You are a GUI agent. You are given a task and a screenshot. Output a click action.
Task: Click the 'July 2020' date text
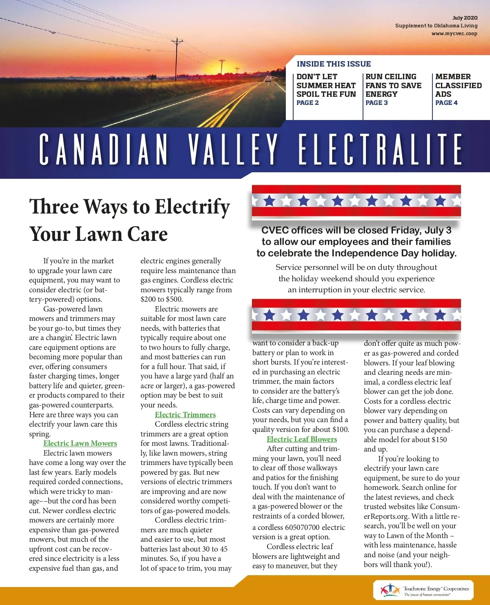(465, 18)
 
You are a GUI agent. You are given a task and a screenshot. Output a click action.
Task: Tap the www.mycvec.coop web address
(454, 33)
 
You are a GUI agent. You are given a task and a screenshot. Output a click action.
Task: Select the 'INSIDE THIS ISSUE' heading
(334, 64)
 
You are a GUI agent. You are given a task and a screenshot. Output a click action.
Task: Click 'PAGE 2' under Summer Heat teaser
(307, 103)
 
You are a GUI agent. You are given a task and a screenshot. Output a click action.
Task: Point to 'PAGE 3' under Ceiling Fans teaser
(376, 103)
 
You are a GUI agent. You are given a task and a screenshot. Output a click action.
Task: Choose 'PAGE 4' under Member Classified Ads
(446, 103)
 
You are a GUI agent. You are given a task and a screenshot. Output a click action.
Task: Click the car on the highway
(268, 79)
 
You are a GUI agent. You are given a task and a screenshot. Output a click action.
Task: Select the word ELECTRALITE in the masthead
(380, 149)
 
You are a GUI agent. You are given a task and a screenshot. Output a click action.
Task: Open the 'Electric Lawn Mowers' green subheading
(80, 443)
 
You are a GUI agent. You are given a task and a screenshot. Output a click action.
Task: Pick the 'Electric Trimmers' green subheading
(185, 415)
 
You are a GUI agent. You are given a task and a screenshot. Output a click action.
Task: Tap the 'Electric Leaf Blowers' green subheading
(302, 439)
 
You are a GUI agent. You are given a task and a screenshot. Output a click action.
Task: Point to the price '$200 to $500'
(162, 299)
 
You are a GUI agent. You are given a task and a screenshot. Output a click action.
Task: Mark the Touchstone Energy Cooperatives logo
(423, 590)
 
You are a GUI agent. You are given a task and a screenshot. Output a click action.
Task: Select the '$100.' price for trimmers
(340, 429)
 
